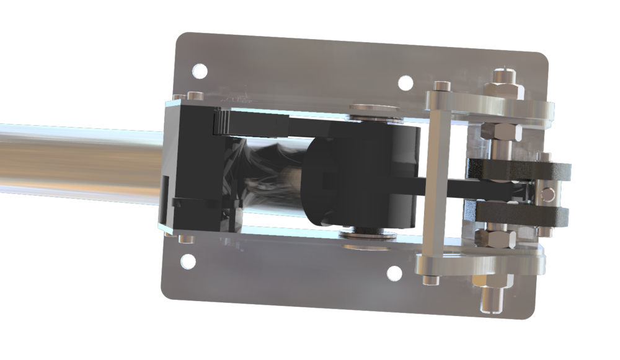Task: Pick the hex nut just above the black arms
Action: (x=495, y=132)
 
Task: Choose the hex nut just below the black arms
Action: (x=494, y=237)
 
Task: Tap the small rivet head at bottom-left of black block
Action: (x=182, y=239)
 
